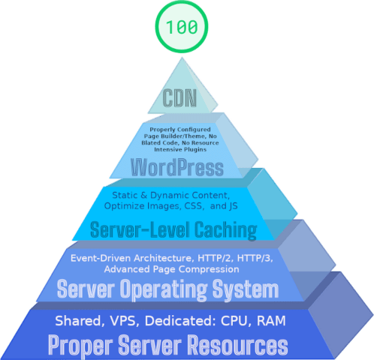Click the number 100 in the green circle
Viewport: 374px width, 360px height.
tap(182, 27)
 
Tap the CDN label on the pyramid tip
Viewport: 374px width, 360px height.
tap(179, 97)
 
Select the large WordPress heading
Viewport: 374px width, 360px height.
tap(177, 167)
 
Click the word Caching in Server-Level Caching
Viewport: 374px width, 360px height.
tap(226, 230)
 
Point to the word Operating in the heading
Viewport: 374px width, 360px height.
tap(164, 289)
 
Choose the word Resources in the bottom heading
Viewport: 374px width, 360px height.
tap(238, 345)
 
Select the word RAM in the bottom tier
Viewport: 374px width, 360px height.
tap(271, 321)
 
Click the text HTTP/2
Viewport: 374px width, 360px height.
tap(216, 258)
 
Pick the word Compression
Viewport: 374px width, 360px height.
tap(209, 269)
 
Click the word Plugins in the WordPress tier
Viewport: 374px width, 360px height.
tap(195, 150)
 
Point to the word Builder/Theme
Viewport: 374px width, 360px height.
tap(184, 136)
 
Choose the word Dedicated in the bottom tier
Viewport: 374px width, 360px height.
tap(179, 321)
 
